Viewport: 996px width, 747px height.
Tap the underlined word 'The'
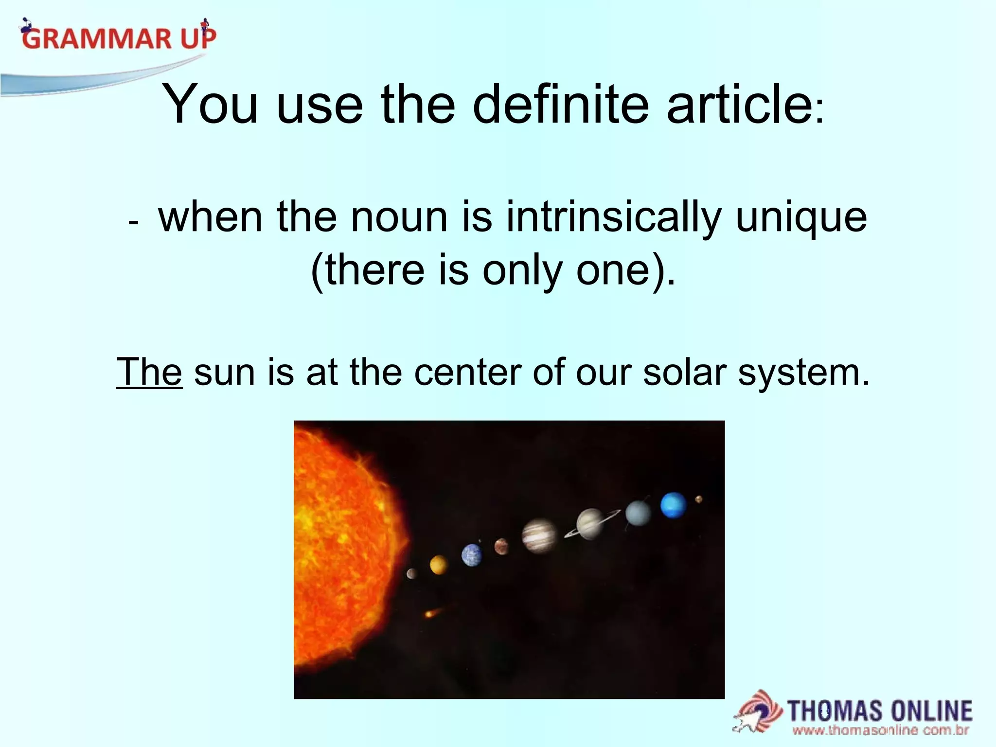pos(149,373)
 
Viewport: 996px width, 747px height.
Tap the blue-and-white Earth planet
pos(472,555)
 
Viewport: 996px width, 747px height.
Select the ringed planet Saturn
pos(590,524)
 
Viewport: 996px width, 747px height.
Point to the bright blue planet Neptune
pos(674,505)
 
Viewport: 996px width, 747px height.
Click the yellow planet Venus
pos(438,565)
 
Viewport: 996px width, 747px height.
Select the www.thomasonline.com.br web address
pos(881,730)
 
